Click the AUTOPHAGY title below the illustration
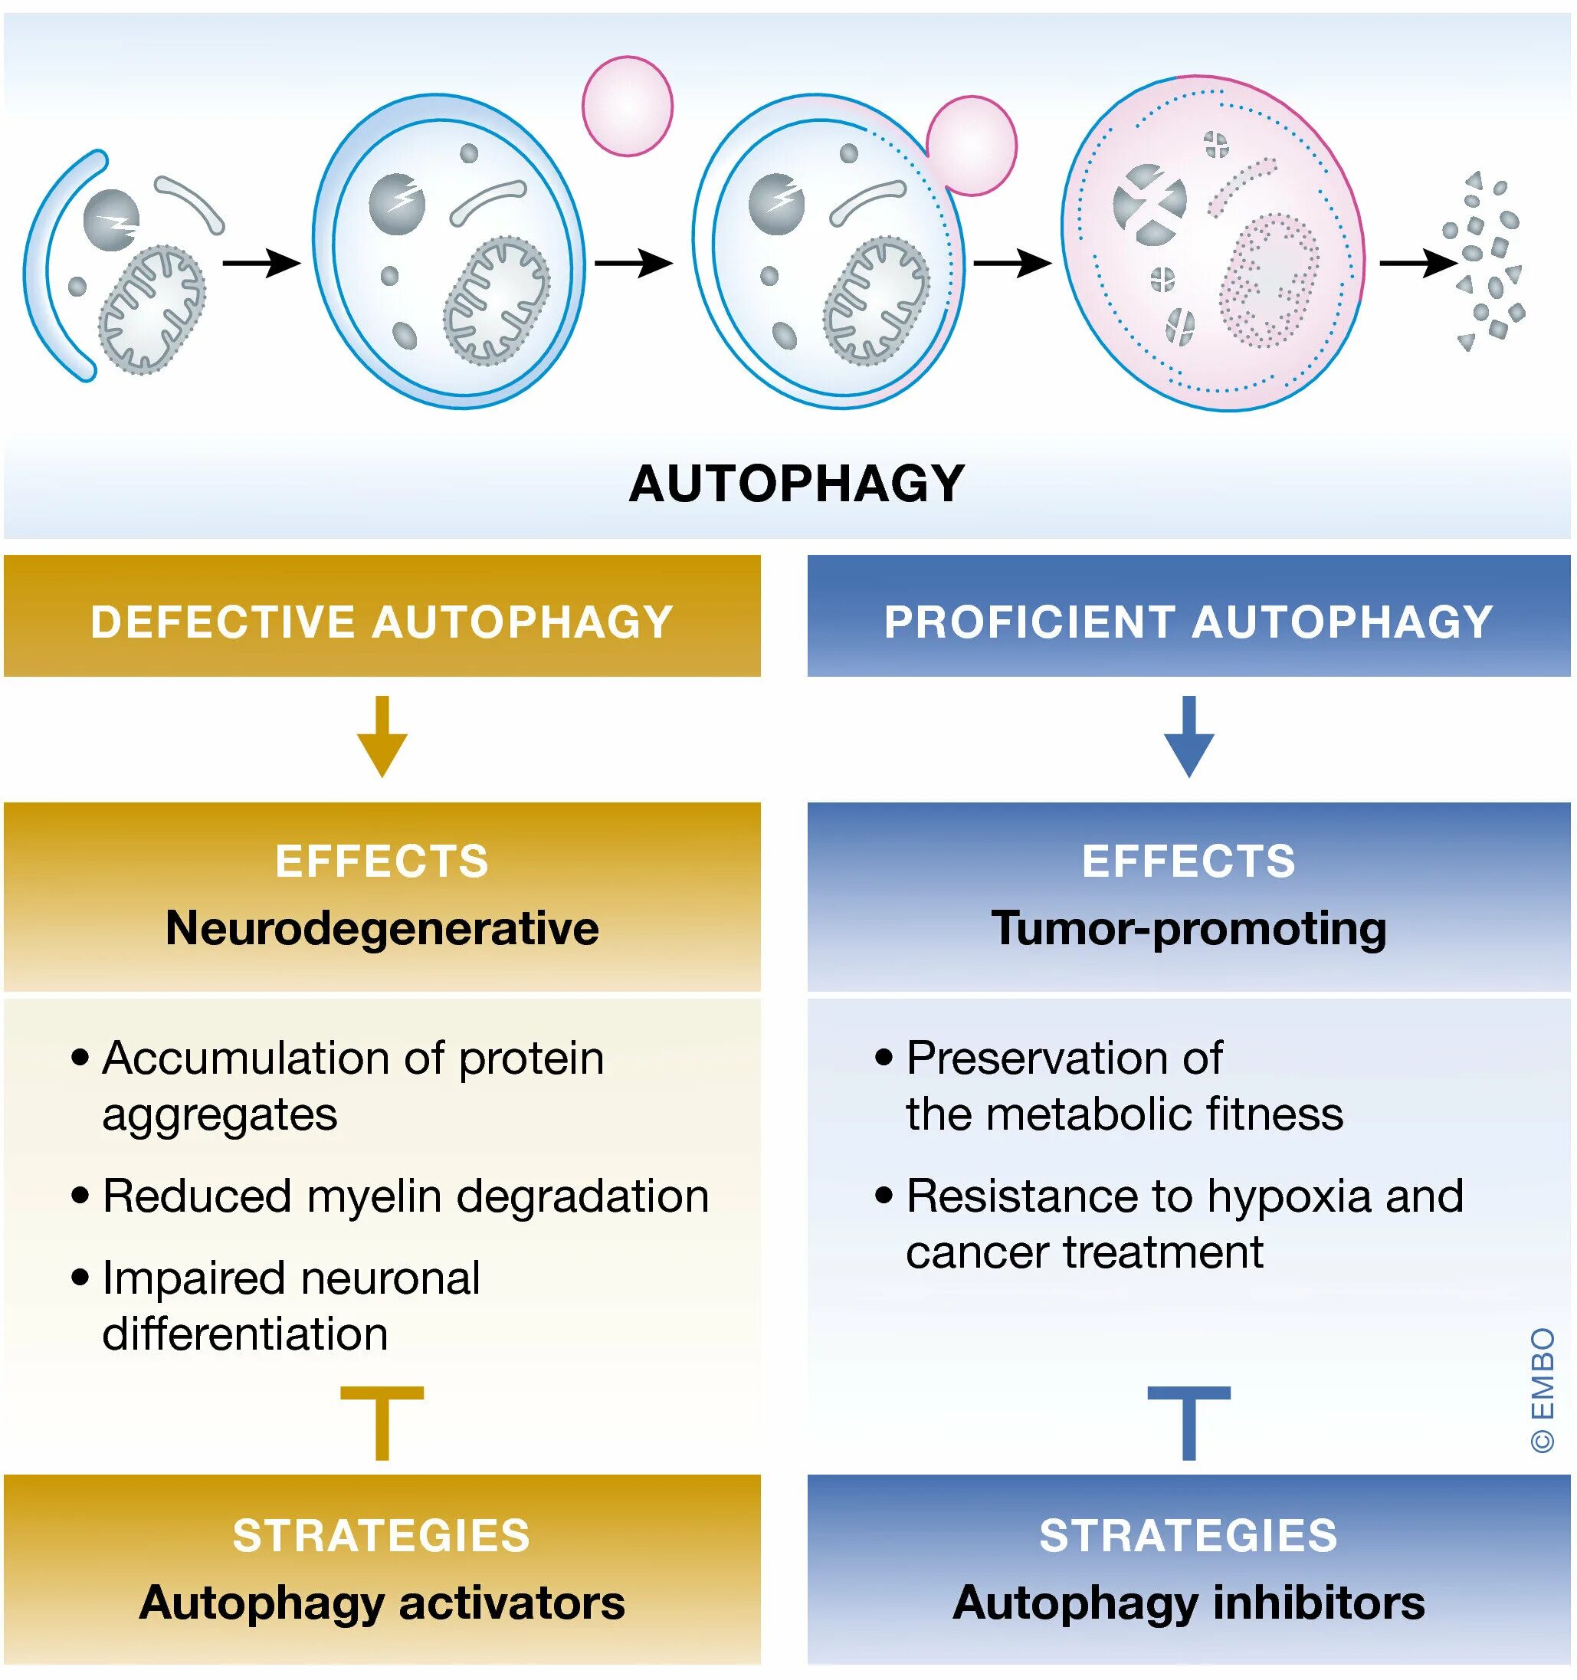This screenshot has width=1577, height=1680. pyautogui.click(x=796, y=484)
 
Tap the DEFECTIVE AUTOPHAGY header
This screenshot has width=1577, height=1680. pyautogui.click(x=382, y=622)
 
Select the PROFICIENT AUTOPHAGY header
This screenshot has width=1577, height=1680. pyautogui.click(x=1188, y=622)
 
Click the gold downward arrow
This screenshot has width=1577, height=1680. pyautogui.click(x=382, y=736)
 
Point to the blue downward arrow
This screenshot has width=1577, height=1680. pyautogui.click(x=1188, y=736)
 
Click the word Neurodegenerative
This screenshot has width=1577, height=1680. pyautogui.click(x=382, y=928)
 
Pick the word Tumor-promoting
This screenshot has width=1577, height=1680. pyautogui.click(x=1188, y=928)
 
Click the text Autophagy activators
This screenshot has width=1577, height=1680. pyautogui.click(x=382, y=1603)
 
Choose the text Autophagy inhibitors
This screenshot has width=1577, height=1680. pyautogui.click(x=1188, y=1603)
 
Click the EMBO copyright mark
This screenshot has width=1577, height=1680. pyautogui.click(x=1543, y=1391)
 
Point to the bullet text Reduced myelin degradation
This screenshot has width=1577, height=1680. pyautogui.click(x=405, y=1196)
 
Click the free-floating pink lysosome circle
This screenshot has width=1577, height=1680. pyautogui.click(x=627, y=107)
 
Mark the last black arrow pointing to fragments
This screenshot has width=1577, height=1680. pyautogui.click(x=1418, y=263)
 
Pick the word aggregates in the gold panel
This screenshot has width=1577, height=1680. pyautogui.click(x=220, y=1114)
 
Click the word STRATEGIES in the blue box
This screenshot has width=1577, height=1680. pyautogui.click(x=1188, y=1535)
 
